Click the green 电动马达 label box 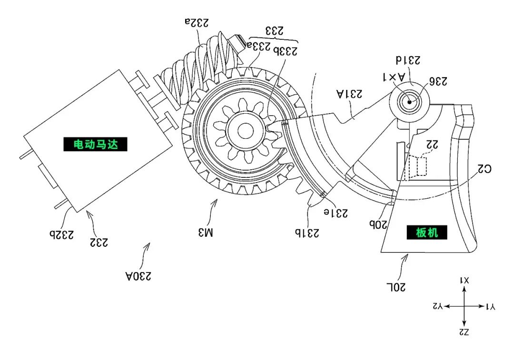pos(95,144)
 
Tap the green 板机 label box pos(426,232)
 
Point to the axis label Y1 pos(490,307)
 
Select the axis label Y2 pos(437,307)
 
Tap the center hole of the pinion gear pos(245,130)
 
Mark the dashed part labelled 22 pos(419,166)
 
